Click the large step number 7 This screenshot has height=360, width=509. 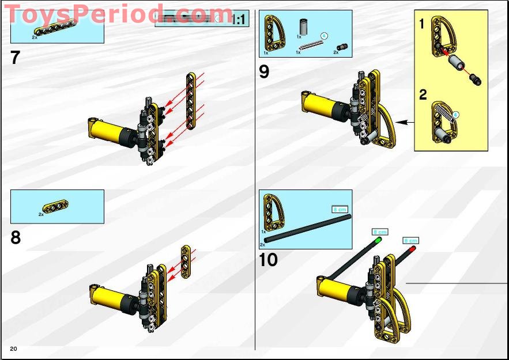coord(16,58)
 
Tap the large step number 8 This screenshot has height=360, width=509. coord(16,237)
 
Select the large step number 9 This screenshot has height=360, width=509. coord(264,72)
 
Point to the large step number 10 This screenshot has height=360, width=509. coord(268,260)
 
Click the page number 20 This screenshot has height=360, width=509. coord(13,349)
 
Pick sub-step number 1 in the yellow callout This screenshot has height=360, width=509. coord(421,24)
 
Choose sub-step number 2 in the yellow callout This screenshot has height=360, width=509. coord(423,94)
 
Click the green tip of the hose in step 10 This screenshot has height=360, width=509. coord(378,239)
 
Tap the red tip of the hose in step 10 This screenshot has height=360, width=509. coord(412,248)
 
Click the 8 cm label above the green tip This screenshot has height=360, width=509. coord(380,232)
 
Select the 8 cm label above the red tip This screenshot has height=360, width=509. coord(410,240)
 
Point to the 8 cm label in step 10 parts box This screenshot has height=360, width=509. coord(339,209)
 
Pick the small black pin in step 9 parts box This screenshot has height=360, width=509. coord(340,46)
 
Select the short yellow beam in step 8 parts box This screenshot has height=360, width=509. coord(54,206)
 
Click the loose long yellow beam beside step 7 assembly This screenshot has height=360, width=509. coord(191,100)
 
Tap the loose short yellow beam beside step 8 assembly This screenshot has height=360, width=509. coord(186,262)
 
